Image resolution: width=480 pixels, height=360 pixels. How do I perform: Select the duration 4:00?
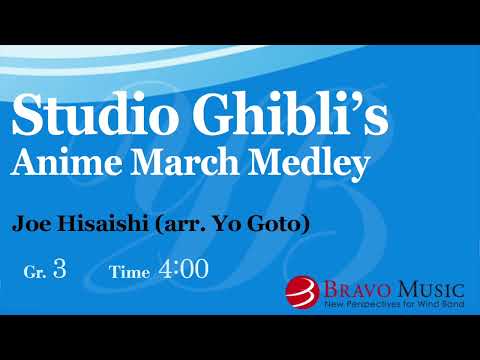coord(183,269)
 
